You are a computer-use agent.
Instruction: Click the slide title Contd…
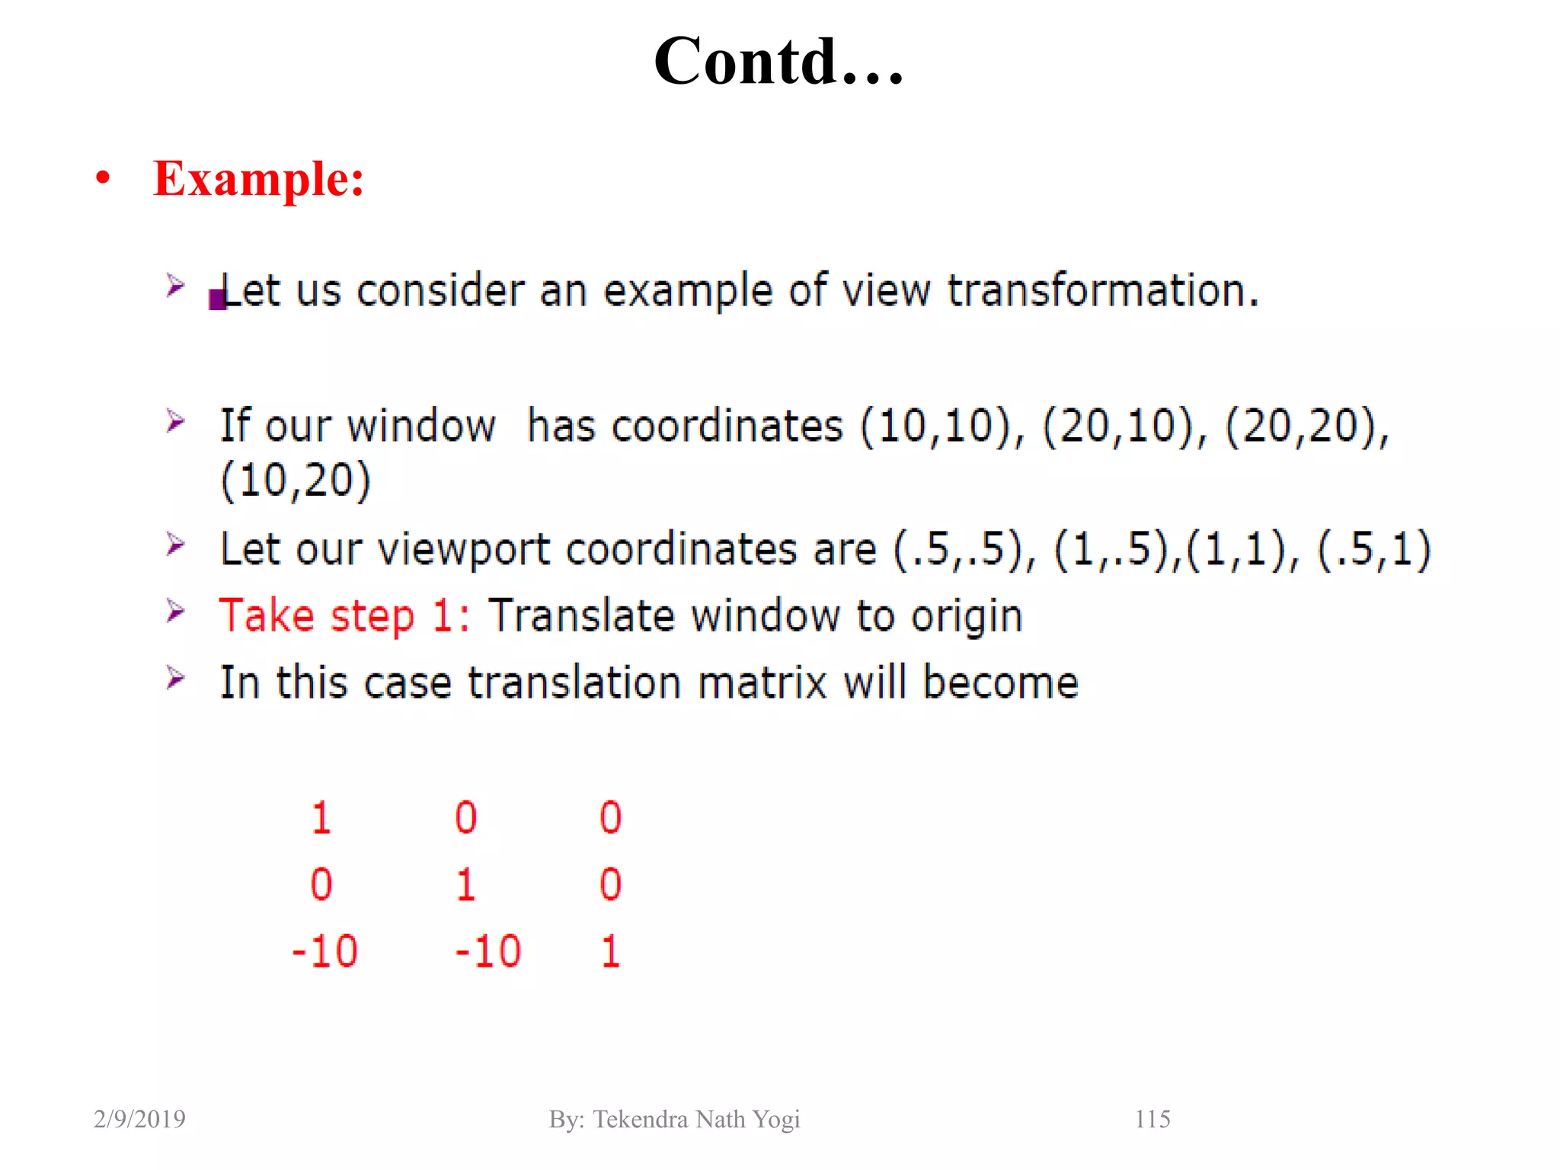[778, 61]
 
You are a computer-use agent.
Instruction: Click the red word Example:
[258, 179]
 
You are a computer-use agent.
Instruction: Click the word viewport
[464, 549]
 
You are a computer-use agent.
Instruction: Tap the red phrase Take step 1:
[344, 615]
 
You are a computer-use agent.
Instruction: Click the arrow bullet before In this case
[175, 677]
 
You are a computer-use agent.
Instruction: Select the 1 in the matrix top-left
[321, 818]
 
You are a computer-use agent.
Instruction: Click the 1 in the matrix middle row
[465, 885]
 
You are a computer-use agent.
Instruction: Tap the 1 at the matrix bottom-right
[610, 951]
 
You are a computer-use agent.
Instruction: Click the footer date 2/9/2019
[139, 1119]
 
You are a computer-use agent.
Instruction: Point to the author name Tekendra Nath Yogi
[696, 1119]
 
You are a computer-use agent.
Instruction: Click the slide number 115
[1152, 1119]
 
